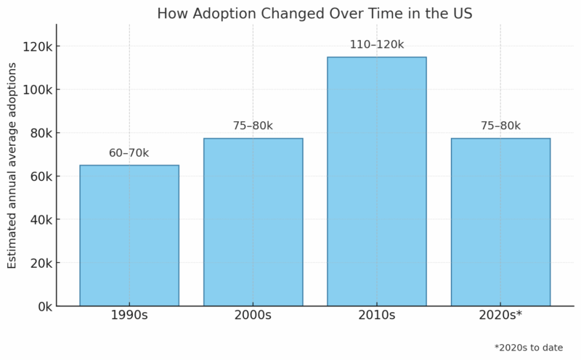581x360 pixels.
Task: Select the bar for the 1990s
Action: pos(129,236)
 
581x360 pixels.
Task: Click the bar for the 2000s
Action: pos(253,222)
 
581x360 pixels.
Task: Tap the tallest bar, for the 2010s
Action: pos(376,181)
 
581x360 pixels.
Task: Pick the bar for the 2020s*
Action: pos(500,222)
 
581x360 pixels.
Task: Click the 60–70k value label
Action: pos(129,153)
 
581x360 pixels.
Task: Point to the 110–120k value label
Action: pos(376,45)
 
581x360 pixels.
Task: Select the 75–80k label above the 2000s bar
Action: pos(253,126)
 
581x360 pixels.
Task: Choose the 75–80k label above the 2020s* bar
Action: pos(500,126)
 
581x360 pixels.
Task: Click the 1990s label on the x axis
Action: pos(129,316)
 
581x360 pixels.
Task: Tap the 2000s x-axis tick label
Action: pos(253,316)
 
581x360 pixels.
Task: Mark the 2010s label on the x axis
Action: pos(376,316)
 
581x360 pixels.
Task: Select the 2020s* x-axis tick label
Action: pos(500,316)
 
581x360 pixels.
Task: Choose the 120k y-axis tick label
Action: pos(37,46)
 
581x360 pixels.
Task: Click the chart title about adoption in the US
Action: pos(314,13)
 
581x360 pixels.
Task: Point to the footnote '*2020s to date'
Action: pos(528,348)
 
